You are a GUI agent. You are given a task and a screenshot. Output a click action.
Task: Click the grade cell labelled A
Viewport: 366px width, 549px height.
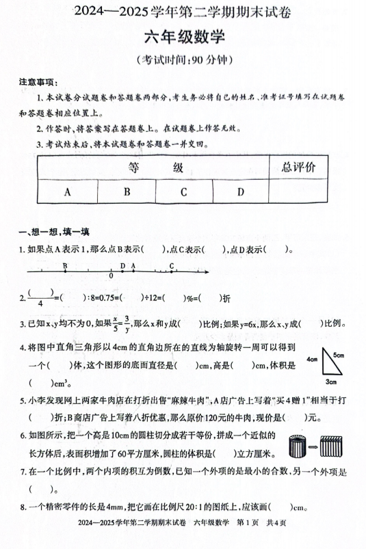click(x=67, y=192)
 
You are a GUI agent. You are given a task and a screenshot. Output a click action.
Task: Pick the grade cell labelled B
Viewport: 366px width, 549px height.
click(x=127, y=192)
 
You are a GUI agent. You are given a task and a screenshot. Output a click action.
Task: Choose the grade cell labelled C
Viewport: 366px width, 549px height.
click(x=184, y=192)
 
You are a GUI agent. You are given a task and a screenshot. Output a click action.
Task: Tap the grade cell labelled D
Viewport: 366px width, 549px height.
click(x=240, y=192)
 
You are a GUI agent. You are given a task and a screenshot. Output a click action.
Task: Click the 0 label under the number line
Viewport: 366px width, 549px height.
click(x=112, y=277)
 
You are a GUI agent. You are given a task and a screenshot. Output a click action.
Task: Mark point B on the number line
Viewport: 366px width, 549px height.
click(x=64, y=271)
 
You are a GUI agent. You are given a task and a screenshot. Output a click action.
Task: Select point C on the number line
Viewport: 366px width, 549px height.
click(x=171, y=271)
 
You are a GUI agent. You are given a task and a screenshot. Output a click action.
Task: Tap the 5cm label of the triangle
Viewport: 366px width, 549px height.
click(x=339, y=355)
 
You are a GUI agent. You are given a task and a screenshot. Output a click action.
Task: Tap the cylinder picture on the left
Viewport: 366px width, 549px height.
click(x=300, y=446)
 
